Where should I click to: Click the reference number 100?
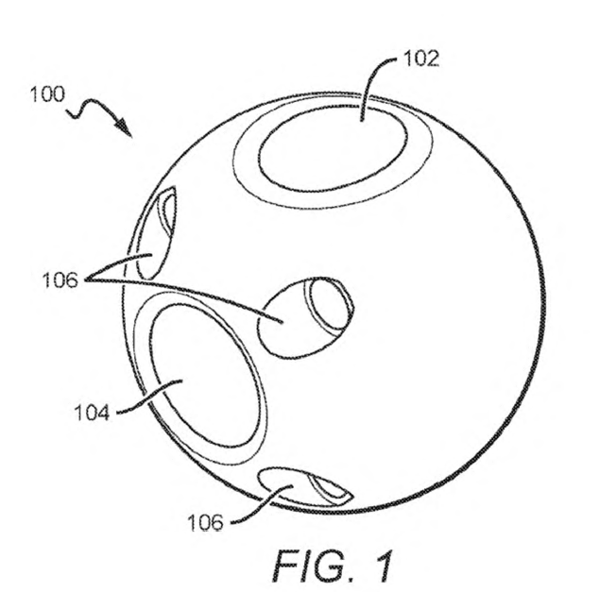(47, 94)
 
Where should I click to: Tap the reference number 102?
(421, 59)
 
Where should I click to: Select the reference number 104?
(92, 413)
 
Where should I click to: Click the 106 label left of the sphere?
(60, 280)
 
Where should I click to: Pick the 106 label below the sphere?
(206, 522)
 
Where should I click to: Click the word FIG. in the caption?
(310, 566)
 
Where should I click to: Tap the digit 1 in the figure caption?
(383, 566)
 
